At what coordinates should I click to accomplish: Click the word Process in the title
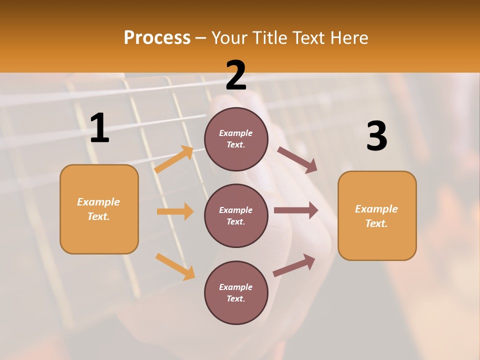click(157, 38)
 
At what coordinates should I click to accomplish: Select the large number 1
click(99, 128)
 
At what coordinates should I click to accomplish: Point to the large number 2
click(236, 75)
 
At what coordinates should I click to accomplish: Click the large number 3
click(376, 136)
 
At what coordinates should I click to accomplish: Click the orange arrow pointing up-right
click(174, 159)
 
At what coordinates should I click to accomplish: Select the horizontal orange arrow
click(175, 211)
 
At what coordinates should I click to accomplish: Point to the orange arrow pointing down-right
click(175, 266)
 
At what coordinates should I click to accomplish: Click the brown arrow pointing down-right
click(297, 160)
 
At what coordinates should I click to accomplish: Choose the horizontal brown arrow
click(295, 210)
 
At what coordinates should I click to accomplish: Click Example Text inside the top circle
click(236, 139)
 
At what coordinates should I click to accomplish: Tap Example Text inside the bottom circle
click(236, 293)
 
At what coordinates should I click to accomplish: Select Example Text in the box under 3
click(376, 216)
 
